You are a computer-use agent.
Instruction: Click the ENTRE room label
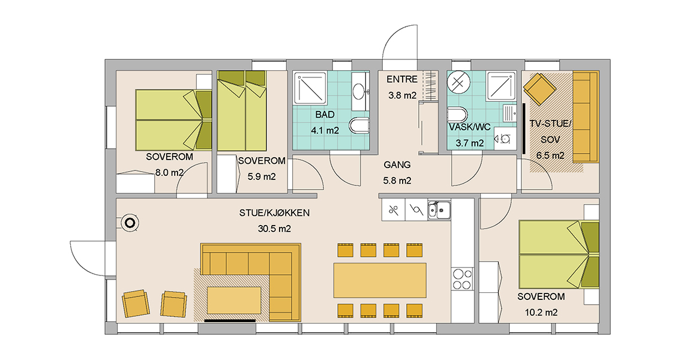point(402,80)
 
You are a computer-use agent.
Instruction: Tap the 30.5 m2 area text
point(274,229)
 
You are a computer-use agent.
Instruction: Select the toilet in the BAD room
point(359,125)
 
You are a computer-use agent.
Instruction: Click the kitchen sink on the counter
point(439,210)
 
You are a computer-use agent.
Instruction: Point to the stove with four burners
point(462,279)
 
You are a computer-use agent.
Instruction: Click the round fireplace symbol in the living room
point(130,223)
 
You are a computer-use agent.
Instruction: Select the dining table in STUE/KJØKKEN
point(380,280)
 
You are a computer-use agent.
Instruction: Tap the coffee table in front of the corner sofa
point(233,300)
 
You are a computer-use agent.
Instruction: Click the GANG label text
point(397,165)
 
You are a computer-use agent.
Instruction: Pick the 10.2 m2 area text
point(541,313)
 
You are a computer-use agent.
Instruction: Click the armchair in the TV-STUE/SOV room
point(539,89)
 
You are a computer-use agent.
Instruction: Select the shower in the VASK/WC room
point(501,86)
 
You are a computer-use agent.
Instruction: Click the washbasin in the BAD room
point(361,92)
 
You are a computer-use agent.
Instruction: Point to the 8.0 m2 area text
point(169,173)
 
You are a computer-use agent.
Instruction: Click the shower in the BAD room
point(310,88)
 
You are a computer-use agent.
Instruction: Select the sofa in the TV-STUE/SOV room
point(586,117)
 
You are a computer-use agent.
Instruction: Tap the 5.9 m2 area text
point(262,177)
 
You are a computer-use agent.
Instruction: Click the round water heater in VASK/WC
point(458,83)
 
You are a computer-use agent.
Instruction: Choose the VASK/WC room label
point(470,128)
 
